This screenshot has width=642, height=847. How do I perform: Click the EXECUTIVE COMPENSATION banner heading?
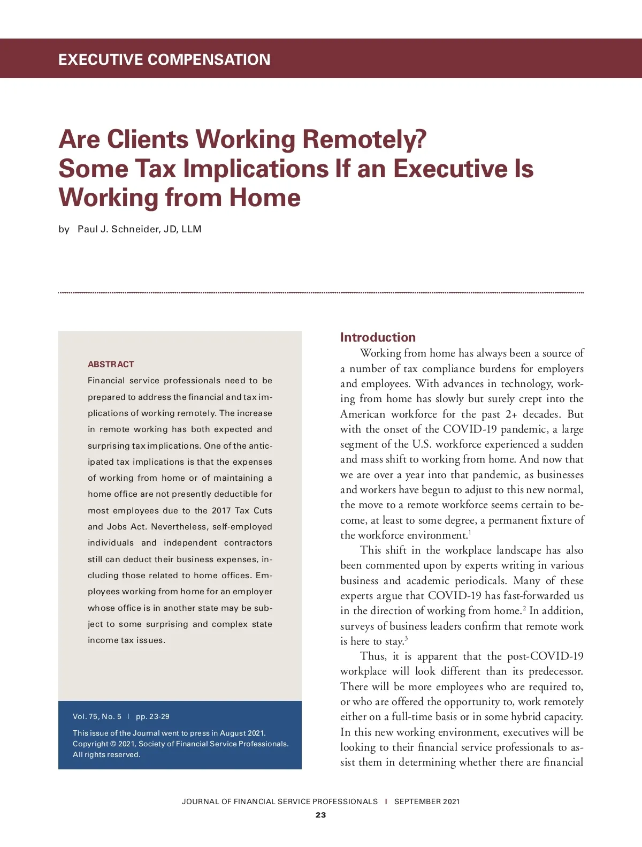164,59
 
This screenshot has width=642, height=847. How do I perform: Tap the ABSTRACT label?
111,364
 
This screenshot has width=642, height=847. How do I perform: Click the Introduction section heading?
378,337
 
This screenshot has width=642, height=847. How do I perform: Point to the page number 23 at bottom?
320,815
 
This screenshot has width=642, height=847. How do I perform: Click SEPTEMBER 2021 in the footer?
427,801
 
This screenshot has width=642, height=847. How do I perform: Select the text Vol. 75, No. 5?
97,716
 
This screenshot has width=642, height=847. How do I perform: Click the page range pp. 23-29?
152,716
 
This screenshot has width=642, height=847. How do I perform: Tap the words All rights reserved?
106,754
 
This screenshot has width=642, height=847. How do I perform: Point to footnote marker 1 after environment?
470,532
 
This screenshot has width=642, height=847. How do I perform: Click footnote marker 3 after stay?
406,638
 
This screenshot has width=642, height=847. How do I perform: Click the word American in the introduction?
362,414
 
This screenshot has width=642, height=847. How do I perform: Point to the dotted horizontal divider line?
321,293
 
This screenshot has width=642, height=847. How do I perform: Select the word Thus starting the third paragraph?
373,656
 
